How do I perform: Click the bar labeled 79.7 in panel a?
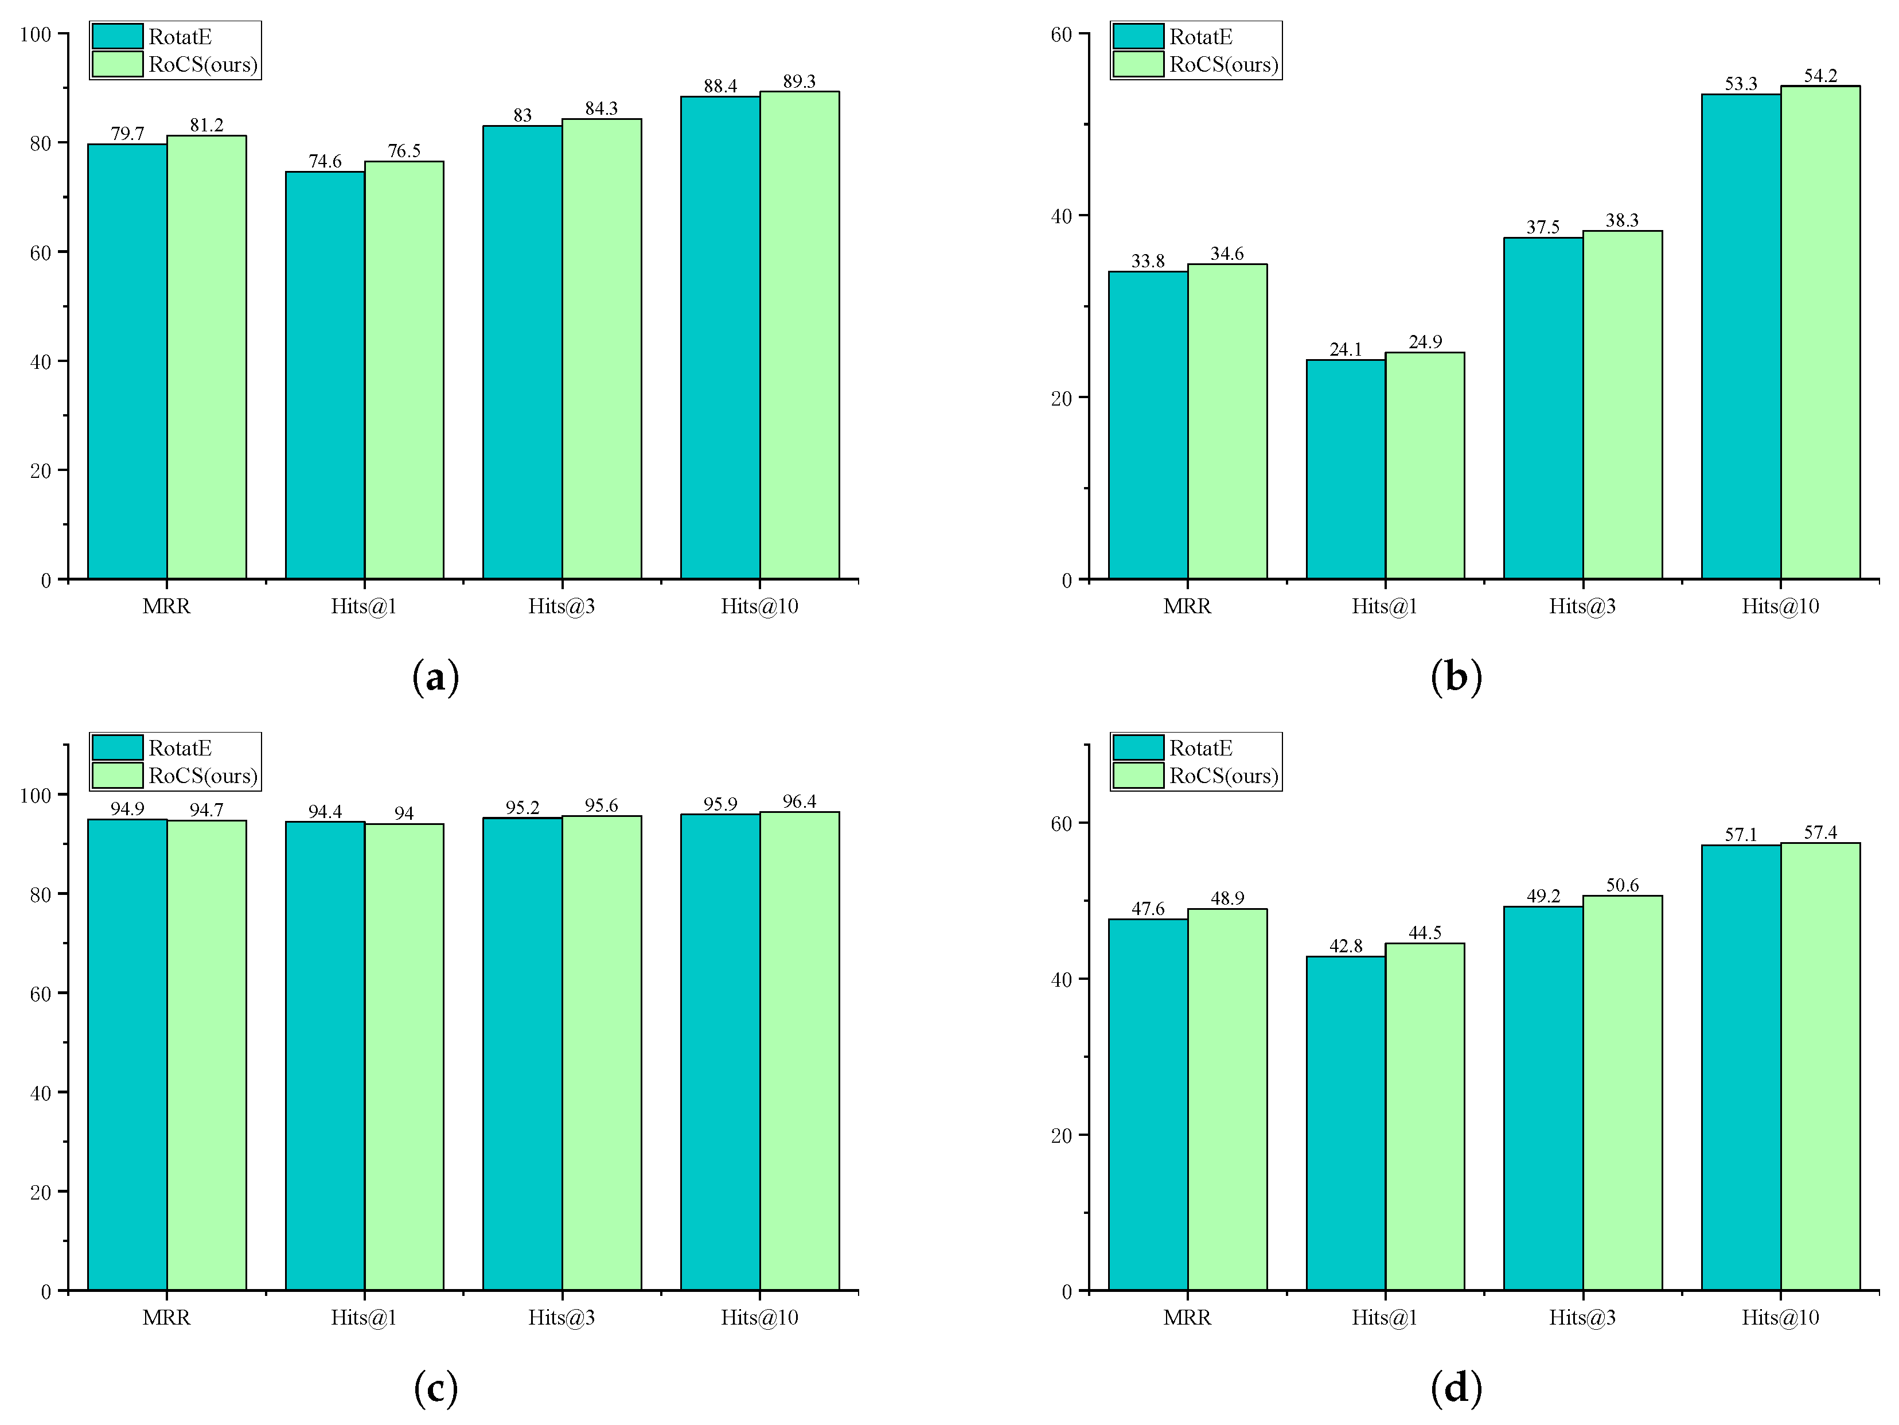pos(127,360)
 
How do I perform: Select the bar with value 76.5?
pos(404,369)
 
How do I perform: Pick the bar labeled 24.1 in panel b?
pos(1346,469)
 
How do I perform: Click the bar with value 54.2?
pos(1820,332)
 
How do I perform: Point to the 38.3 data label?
pos(1622,221)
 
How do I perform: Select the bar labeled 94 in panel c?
pos(404,1056)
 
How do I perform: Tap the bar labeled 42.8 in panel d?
pos(1346,1123)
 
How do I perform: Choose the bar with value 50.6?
pos(1622,1092)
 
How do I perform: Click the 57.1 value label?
pos(1741,834)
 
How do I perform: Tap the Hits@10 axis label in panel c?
pos(759,1317)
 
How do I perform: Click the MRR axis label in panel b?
pos(1187,606)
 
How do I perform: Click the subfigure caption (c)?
pos(435,1388)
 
